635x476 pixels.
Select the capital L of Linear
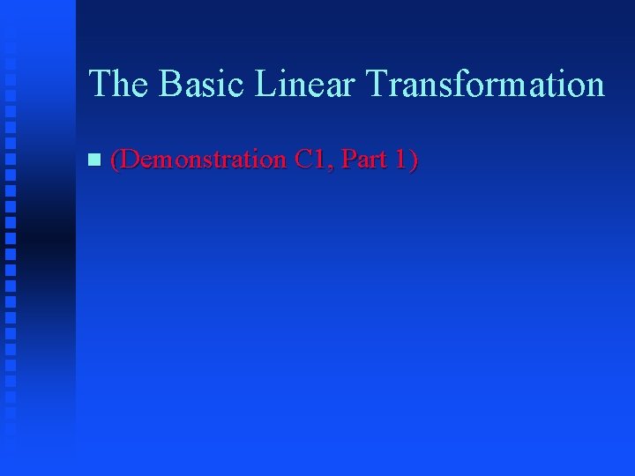pyautogui.click(x=265, y=85)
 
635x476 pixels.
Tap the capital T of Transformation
pyautogui.click(x=377, y=85)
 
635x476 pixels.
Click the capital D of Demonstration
pyautogui.click(x=130, y=160)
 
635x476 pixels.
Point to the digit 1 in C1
pyautogui.click(x=321, y=160)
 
